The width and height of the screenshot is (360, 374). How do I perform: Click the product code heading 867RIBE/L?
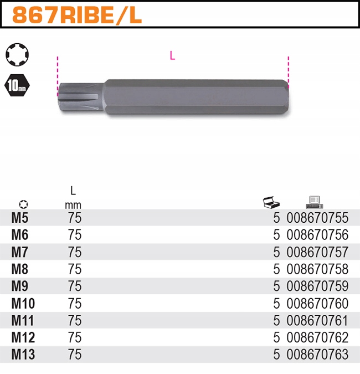(x=77, y=14)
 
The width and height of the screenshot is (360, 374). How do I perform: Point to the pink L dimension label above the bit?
(x=172, y=56)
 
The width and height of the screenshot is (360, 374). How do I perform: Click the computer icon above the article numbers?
(x=314, y=202)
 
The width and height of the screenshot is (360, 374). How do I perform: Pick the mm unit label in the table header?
(x=73, y=204)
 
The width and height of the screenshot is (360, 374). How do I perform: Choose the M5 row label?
(x=20, y=218)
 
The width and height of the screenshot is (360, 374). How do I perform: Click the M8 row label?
(x=20, y=269)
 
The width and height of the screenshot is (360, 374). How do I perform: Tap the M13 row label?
(x=23, y=355)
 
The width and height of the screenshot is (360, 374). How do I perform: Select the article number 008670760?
(x=317, y=304)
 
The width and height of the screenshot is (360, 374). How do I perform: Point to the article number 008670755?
(x=317, y=218)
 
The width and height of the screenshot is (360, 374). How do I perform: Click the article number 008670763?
(x=317, y=355)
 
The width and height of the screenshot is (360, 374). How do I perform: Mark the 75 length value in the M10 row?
(x=74, y=304)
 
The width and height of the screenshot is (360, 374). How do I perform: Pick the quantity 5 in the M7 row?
(x=276, y=252)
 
